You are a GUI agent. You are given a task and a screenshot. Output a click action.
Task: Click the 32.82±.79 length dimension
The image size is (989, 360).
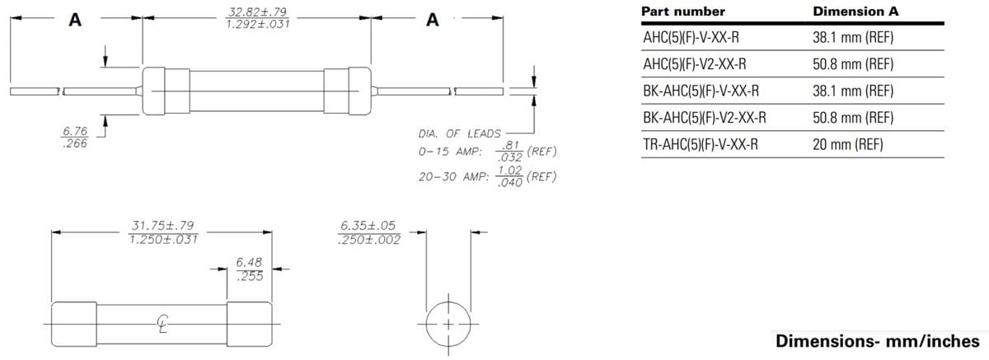coord(256,18)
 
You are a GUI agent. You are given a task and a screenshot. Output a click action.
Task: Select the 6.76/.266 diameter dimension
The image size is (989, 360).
coord(75,137)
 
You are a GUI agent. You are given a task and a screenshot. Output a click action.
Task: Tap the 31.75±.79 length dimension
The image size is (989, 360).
coord(162,231)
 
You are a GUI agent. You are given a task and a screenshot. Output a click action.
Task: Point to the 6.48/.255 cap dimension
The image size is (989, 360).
coord(249,269)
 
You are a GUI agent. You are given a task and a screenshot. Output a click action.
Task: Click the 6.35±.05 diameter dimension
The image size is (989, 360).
coord(369,231)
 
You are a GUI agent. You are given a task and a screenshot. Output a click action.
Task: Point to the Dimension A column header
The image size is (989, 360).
coord(855,12)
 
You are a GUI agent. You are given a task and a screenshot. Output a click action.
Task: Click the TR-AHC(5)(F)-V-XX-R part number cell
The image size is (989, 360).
coord(700,144)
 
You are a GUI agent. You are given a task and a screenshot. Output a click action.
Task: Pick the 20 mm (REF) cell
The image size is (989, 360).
coord(847,144)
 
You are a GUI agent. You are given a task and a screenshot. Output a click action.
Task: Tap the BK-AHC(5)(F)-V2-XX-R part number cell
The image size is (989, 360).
coord(704,118)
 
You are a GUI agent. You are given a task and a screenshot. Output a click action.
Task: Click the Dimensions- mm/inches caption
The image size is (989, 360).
coord(878,341)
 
